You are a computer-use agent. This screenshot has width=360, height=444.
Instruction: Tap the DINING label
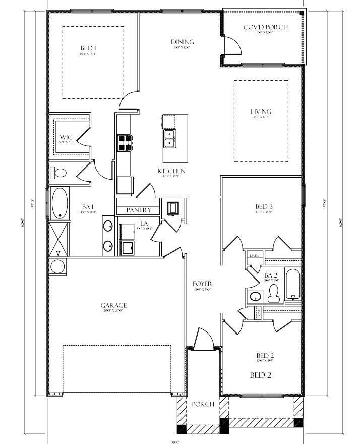183,42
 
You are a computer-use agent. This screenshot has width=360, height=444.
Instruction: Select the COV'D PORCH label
266,27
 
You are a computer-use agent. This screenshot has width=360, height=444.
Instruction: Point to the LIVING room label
261,112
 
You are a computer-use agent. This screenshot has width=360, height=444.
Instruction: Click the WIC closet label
66,137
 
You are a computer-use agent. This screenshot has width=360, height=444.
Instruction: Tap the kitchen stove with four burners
125,143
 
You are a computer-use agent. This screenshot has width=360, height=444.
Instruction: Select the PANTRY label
139,210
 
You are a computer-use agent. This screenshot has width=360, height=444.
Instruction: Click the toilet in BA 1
59,173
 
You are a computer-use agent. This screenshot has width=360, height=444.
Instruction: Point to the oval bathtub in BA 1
61,202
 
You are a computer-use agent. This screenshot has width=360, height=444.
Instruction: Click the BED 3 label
264,206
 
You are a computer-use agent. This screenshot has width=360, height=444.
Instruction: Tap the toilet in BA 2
274,293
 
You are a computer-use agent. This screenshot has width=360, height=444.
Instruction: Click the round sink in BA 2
256,296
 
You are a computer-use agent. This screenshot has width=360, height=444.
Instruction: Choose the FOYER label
202,284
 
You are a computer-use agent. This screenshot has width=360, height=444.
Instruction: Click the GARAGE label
113,305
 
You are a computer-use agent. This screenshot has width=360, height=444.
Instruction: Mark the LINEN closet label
254,256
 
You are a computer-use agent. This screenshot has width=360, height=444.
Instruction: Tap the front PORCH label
203,404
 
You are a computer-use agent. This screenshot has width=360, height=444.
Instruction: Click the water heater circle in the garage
57,266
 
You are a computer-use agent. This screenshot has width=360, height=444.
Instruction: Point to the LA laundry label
144,223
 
